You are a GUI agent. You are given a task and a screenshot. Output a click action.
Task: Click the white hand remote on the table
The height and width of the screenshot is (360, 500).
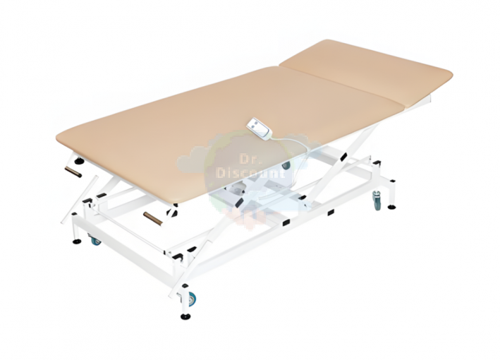click(x=259, y=128)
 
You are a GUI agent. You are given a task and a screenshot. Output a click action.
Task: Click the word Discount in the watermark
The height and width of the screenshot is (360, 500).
click(x=250, y=173)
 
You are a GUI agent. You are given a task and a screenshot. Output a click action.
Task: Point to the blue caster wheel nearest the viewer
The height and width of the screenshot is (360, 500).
click(x=193, y=299)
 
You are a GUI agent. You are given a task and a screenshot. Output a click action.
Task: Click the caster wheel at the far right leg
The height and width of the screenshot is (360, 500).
click(x=377, y=200)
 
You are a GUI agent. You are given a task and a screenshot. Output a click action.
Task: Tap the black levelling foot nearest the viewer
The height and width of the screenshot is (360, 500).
click(x=185, y=317)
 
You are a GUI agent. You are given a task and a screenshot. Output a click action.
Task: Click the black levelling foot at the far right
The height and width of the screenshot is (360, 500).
click(x=391, y=207)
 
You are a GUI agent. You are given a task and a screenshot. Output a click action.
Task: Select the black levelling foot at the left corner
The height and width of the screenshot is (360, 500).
click(x=77, y=241)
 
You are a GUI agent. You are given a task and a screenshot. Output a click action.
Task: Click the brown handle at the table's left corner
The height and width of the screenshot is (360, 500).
click(x=73, y=172)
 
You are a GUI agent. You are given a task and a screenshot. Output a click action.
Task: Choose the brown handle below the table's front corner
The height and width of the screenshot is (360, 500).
click(x=153, y=218)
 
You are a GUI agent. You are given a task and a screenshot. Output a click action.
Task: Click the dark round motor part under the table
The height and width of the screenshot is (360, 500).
click(x=286, y=165)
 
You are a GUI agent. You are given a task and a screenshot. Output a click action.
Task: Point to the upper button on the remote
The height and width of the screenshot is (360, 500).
click(x=254, y=123)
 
